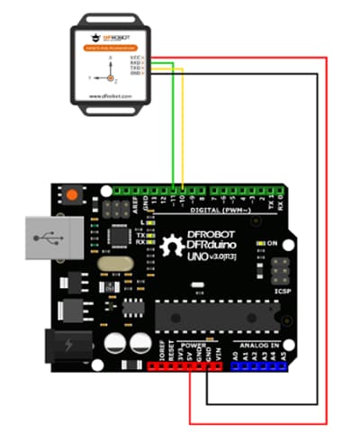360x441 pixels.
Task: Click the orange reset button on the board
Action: click(x=68, y=193)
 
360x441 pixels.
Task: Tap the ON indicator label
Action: click(x=270, y=243)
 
